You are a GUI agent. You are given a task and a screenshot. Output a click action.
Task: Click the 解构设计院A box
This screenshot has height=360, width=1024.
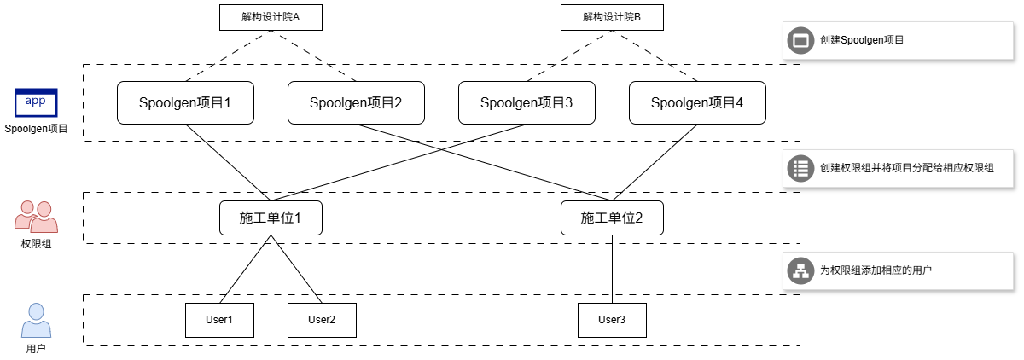pos(271,17)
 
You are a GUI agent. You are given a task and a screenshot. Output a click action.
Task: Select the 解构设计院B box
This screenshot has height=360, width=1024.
pos(612,17)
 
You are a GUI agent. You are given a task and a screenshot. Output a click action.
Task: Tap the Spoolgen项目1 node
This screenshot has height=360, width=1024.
pos(185,102)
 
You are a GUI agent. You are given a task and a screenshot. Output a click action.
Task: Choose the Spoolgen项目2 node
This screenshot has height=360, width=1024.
pos(356,102)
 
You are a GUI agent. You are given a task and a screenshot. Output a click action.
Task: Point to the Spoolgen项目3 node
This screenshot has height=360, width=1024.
pos(527,102)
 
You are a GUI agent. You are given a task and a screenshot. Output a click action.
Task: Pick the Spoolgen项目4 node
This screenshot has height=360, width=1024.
pos(697,102)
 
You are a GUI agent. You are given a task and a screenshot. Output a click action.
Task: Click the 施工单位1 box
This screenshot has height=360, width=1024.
pos(271,218)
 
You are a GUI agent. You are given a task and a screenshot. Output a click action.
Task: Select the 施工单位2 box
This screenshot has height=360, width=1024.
pos(612,218)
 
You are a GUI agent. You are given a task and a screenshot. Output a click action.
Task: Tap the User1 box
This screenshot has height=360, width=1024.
pos(219,320)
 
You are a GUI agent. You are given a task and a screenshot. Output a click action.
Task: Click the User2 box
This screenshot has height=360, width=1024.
pos(322,320)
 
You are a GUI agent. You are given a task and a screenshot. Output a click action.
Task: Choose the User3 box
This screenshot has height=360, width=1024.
pos(612,320)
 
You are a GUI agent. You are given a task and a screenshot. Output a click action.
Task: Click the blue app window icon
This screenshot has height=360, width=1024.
pos(36,103)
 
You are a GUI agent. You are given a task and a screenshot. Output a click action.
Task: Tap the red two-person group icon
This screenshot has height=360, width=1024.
pos(36,217)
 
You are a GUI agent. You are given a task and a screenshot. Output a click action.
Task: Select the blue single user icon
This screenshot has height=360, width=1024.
pos(36,320)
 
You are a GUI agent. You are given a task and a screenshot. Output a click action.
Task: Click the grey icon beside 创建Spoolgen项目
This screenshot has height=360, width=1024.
pos(800,40)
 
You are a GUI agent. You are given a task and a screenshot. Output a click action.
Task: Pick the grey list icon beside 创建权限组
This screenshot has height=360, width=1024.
pos(800,168)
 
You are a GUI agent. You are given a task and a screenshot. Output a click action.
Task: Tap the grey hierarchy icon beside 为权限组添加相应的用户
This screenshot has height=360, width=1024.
pos(800,270)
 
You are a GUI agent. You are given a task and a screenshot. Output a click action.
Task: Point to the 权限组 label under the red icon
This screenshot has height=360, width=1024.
pos(36,244)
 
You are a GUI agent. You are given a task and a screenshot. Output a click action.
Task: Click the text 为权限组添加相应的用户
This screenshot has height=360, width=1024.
pos(876,270)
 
